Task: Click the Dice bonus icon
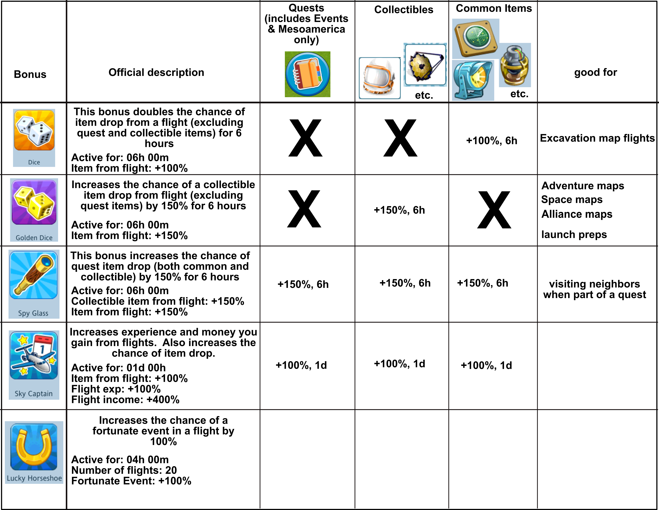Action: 34,130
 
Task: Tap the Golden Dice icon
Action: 34,202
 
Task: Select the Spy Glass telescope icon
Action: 34,275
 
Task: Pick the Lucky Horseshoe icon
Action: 34,447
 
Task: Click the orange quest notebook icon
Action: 307,74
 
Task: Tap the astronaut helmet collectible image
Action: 379,78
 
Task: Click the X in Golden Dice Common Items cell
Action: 494,210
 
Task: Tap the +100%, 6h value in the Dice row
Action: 492,141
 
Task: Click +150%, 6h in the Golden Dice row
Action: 399,210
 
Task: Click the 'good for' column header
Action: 595,72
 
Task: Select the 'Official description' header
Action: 156,72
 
